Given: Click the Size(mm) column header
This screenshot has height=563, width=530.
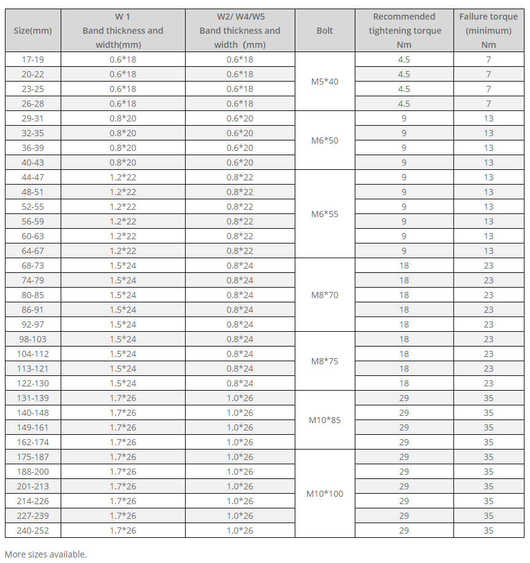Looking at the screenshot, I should (x=32, y=31).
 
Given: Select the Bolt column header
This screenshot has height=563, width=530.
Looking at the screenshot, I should (x=325, y=31).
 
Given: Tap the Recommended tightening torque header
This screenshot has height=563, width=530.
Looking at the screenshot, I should (x=404, y=31).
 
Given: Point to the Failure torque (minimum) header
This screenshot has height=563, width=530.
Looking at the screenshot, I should (x=488, y=31).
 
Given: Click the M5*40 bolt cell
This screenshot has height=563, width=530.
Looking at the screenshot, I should (x=325, y=82).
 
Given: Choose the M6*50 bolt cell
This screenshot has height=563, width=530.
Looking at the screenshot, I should (x=325, y=140).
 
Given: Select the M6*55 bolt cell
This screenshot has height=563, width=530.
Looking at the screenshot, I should (x=325, y=214).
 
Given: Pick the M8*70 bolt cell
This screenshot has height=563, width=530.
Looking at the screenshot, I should (x=325, y=295).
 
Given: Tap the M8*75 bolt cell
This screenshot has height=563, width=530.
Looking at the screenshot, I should (x=325, y=361).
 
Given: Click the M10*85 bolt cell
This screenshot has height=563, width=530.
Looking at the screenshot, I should (x=325, y=420).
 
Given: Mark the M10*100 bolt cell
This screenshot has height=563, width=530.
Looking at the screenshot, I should (x=325, y=494).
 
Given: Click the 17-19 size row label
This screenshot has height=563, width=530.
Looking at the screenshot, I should (x=32, y=59).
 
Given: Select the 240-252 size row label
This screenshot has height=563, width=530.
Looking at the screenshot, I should (x=32, y=530).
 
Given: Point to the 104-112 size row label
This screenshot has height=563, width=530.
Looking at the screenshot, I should (x=32, y=354).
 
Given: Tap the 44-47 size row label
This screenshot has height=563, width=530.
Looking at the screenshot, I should (x=32, y=177).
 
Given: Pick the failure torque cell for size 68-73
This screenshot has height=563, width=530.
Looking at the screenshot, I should (x=488, y=266).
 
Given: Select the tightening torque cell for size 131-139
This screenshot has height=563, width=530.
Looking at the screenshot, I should (x=404, y=398).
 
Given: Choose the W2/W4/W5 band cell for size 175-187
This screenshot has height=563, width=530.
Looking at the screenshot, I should (x=240, y=457).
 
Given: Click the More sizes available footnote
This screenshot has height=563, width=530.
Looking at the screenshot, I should (x=46, y=554).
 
